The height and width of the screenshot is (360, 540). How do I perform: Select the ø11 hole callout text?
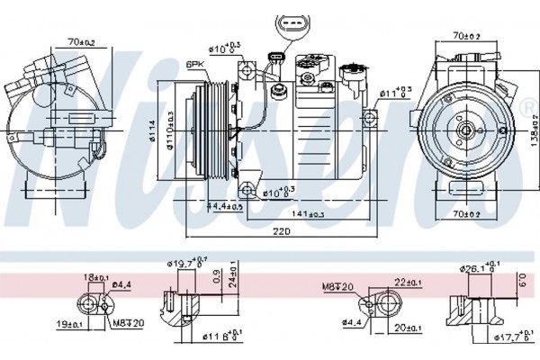coord(393,92)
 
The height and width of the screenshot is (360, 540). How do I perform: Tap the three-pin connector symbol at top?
coord(287,25)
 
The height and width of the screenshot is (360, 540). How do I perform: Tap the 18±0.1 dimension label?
coord(95,279)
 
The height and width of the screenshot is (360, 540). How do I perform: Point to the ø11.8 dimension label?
coord(216,338)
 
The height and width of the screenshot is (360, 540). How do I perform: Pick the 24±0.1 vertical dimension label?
coord(235,278)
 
